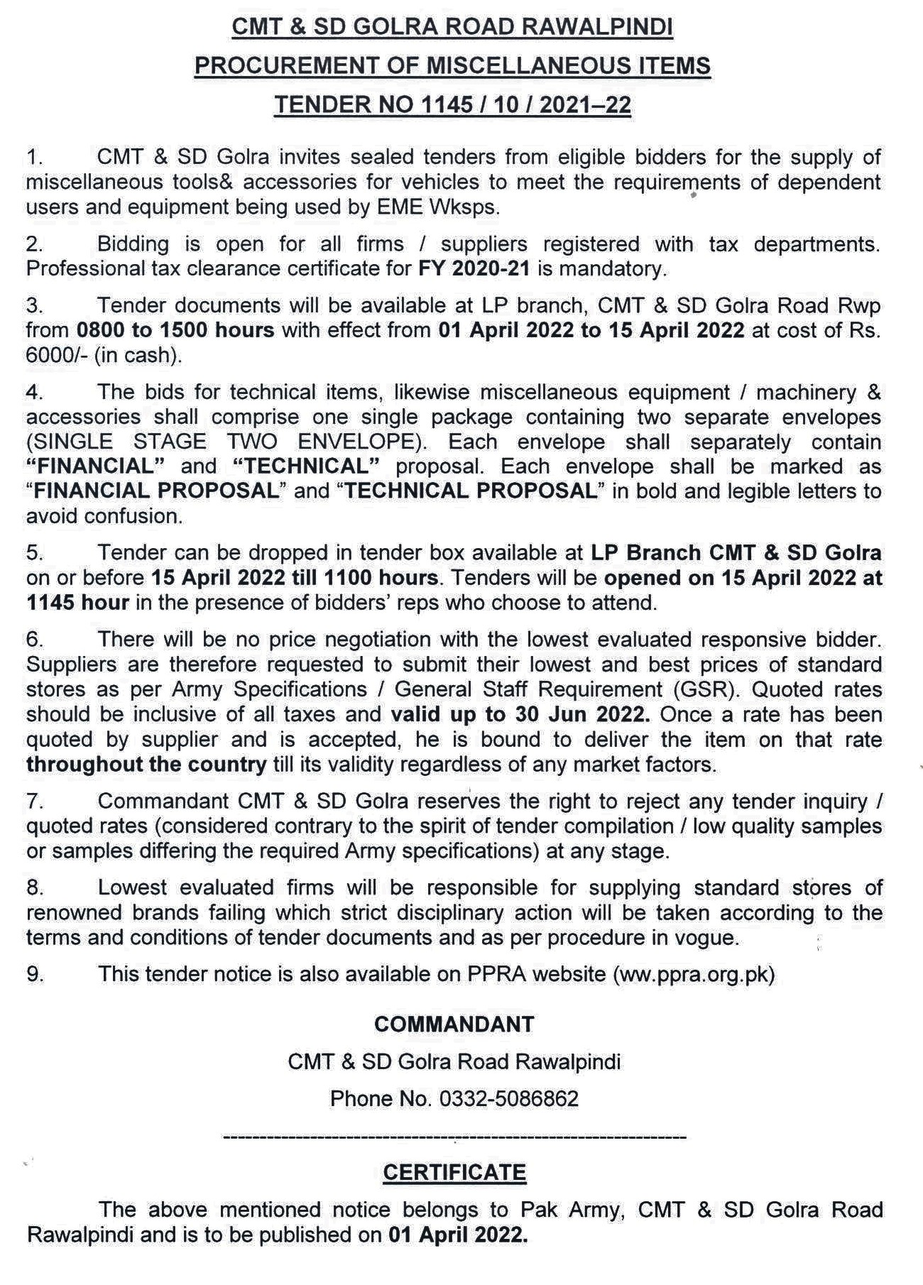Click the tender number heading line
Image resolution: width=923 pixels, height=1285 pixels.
452,105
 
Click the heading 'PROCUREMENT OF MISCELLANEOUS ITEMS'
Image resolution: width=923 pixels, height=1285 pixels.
452,66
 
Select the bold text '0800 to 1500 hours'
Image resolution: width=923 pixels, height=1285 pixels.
172,330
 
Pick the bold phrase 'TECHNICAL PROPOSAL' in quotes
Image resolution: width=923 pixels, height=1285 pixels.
469,491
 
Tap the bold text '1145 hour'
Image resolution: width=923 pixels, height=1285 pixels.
77,603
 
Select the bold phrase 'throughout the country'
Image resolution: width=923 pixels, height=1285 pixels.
146,765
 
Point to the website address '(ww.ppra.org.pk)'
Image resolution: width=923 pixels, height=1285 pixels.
694,973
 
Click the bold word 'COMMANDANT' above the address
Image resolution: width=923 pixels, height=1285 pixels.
454,1024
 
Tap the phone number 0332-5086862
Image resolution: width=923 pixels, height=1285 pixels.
508,1099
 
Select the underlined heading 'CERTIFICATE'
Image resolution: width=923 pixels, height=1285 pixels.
454,1173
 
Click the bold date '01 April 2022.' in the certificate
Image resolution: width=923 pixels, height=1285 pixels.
458,1235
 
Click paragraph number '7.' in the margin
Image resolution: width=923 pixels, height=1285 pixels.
35,801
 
